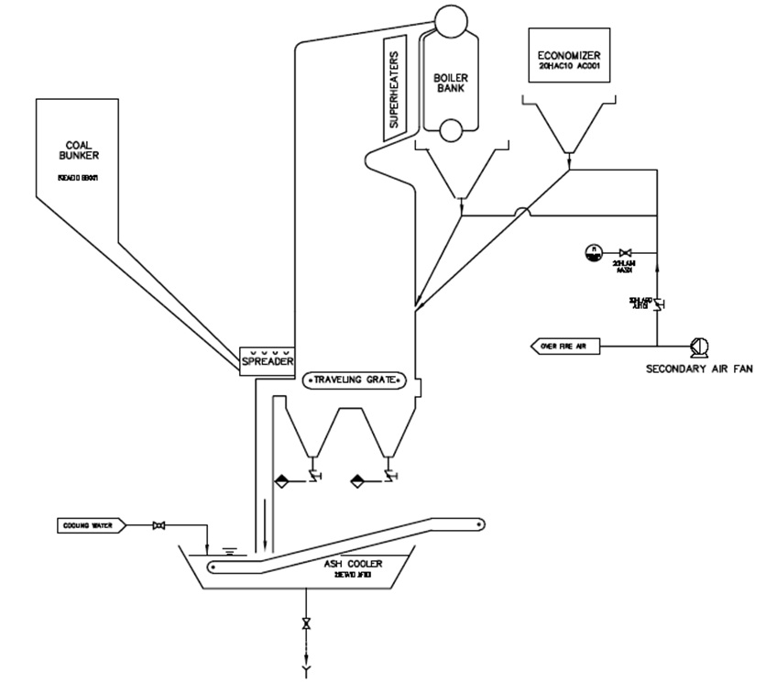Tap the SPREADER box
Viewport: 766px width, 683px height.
coord(267,361)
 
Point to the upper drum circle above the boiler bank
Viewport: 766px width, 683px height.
coord(450,18)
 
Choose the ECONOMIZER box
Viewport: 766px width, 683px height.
coord(569,54)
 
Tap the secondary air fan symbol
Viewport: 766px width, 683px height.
coord(699,347)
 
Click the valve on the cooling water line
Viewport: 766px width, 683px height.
coord(159,525)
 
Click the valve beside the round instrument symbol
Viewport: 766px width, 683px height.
coord(626,252)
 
